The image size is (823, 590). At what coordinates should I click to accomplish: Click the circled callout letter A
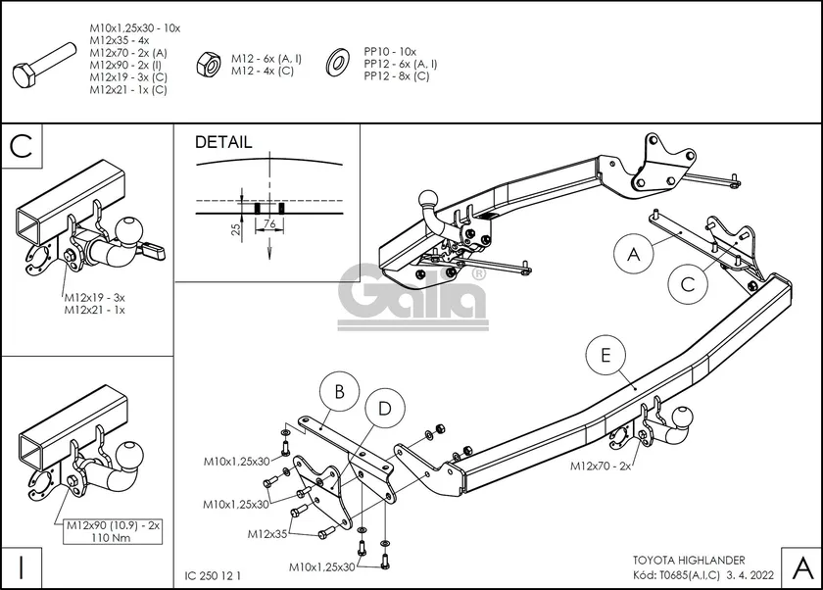[x=634, y=255]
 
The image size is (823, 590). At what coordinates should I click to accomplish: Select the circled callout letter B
[x=339, y=393]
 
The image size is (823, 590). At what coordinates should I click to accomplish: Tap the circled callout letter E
[x=605, y=355]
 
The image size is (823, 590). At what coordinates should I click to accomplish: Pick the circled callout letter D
[x=385, y=408]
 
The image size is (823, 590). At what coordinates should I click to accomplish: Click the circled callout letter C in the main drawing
[x=688, y=283]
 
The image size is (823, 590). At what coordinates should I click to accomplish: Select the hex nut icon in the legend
[x=210, y=65]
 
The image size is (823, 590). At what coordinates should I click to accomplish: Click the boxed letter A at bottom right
[x=799, y=566]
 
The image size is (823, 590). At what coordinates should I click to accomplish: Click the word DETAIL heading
[x=223, y=142]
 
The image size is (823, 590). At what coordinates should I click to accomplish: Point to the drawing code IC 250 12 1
[x=212, y=575]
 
